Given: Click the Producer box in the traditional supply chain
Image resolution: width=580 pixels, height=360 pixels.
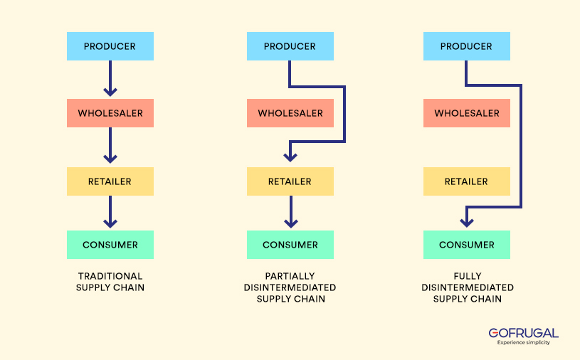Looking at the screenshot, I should (x=110, y=46).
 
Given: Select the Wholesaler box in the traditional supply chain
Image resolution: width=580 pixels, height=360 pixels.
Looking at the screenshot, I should (x=110, y=113).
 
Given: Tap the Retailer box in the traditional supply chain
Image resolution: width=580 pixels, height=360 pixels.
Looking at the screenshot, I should (x=110, y=181).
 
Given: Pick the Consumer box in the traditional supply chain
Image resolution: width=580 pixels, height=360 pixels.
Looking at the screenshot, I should (x=110, y=245).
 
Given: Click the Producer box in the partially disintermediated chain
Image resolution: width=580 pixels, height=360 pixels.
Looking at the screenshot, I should (x=290, y=46).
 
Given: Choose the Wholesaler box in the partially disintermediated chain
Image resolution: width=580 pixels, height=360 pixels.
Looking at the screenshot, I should (x=290, y=113).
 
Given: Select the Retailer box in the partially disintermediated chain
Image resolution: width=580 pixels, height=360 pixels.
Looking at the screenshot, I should (x=290, y=181).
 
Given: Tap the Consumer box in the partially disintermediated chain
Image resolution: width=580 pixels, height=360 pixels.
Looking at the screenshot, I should (x=290, y=245).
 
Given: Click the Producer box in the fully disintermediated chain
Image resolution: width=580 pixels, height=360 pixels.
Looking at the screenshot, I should (x=466, y=46).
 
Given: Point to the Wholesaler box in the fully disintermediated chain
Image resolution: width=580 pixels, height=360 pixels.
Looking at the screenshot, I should (x=466, y=113).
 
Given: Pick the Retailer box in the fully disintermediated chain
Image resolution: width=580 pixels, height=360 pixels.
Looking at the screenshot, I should (x=466, y=181).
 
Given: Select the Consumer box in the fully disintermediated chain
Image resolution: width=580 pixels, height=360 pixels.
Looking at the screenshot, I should (x=466, y=245).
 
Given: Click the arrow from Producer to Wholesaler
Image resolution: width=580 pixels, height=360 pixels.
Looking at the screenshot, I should (x=110, y=78).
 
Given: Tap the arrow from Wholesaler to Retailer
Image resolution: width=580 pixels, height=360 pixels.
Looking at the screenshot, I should (x=110, y=146).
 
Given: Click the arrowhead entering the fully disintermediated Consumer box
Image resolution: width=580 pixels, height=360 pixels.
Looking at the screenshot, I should (x=466, y=221).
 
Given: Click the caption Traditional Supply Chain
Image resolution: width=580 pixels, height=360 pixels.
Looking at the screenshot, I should (x=110, y=282).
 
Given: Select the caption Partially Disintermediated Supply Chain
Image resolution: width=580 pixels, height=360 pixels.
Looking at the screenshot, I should (x=290, y=287).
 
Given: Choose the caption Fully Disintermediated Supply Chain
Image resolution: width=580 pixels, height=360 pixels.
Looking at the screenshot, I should (x=467, y=287).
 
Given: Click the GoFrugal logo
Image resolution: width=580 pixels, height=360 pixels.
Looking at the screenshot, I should (x=523, y=335).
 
